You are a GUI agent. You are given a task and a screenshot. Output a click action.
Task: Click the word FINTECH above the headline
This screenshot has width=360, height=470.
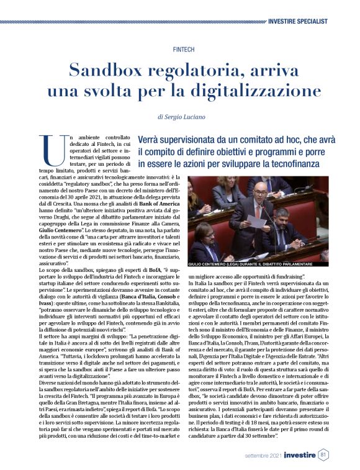click(x=179, y=48)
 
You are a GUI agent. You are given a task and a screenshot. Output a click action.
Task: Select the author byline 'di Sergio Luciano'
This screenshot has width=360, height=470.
click(x=180, y=116)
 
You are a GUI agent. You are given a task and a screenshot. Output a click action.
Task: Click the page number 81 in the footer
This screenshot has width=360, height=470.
click(x=323, y=454)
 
